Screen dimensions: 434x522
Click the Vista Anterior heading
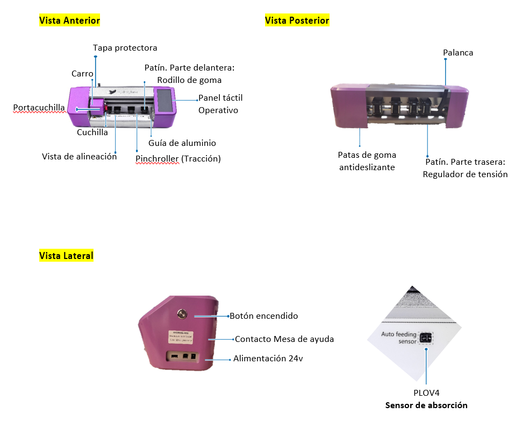pos(70,20)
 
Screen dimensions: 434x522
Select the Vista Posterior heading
pos(297,20)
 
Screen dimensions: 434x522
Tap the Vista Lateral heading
pos(66,256)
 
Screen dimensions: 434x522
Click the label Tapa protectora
pos(125,48)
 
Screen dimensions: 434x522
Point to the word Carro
pos(82,73)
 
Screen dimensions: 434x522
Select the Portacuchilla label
pos(39,108)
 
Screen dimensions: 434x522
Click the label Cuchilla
pos(92,132)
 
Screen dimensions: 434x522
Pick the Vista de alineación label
pos(80,157)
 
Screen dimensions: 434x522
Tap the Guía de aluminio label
pos(182,143)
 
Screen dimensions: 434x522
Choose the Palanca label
pos(458,53)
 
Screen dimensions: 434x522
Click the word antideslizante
pos(367,167)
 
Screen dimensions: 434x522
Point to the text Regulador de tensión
pos(465,174)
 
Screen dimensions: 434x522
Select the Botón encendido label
pos(264,316)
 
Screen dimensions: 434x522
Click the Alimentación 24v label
pos(268,359)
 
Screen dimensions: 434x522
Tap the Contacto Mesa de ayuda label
pos(284,339)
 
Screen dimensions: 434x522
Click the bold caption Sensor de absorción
pos(426,405)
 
